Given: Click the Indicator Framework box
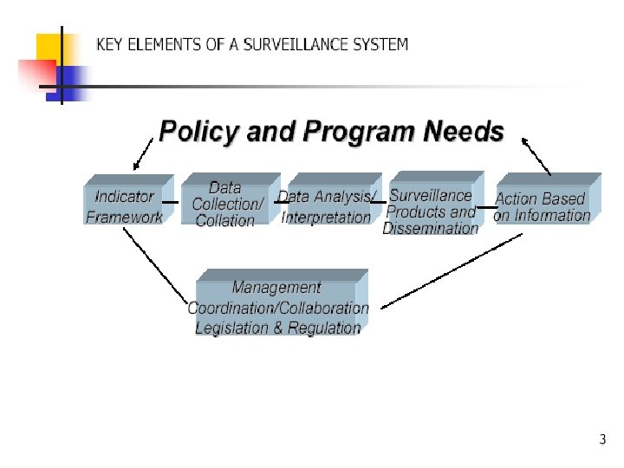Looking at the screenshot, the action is pos(125,206).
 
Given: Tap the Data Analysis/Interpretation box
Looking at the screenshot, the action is pos(327,207).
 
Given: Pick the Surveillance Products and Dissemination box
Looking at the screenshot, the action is pos(431,211).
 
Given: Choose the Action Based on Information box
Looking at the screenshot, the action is pos(542,207).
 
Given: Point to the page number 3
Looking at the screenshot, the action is pos(602,440).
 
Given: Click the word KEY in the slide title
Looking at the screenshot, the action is pos(110,44).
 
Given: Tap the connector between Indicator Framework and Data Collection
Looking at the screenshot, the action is pos(172,203).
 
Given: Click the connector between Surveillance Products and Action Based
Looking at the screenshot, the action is pos(485,208).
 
